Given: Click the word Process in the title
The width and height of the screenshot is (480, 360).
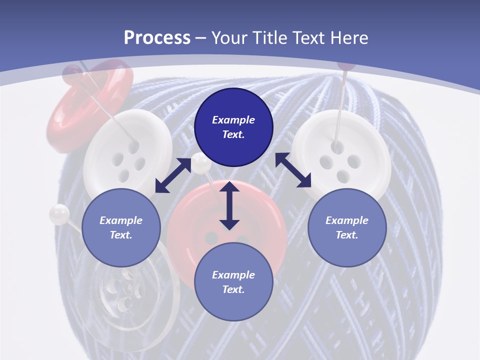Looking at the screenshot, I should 157,38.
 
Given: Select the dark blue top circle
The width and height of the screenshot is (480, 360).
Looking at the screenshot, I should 233,127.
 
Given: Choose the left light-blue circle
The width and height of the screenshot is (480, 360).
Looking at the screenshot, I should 121,227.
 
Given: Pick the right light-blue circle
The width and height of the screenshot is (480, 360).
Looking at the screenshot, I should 347,227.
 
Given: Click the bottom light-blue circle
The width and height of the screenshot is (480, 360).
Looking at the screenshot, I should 233,282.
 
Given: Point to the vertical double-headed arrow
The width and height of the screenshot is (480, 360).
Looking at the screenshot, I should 229,205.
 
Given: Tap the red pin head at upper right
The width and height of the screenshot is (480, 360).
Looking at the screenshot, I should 345,65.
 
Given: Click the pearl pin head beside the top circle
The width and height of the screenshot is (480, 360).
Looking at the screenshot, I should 201,163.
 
